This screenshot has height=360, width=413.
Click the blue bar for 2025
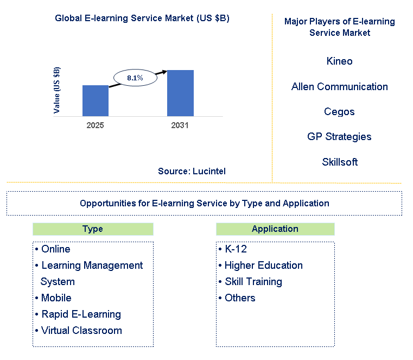click(95, 100)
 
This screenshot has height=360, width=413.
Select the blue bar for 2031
click(180, 93)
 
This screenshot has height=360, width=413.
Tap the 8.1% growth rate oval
click(135, 78)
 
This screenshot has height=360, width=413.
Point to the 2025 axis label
click(95, 125)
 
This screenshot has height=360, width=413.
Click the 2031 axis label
click(180, 125)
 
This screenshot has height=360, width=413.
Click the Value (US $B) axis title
click(57, 90)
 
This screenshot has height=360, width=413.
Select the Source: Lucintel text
click(192, 171)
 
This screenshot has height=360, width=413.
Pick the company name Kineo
click(339, 61)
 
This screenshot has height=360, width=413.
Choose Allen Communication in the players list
click(339, 86)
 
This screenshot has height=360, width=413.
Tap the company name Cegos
click(339, 112)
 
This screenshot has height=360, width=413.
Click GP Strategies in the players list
click(339, 137)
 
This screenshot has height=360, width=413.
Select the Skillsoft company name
click(339, 162)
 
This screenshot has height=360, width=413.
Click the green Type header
click(92, 229)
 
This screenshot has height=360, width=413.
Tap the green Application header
click(275, 229)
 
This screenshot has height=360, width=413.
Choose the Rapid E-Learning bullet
click(81, 314)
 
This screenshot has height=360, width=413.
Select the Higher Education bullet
click(263, 266)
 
